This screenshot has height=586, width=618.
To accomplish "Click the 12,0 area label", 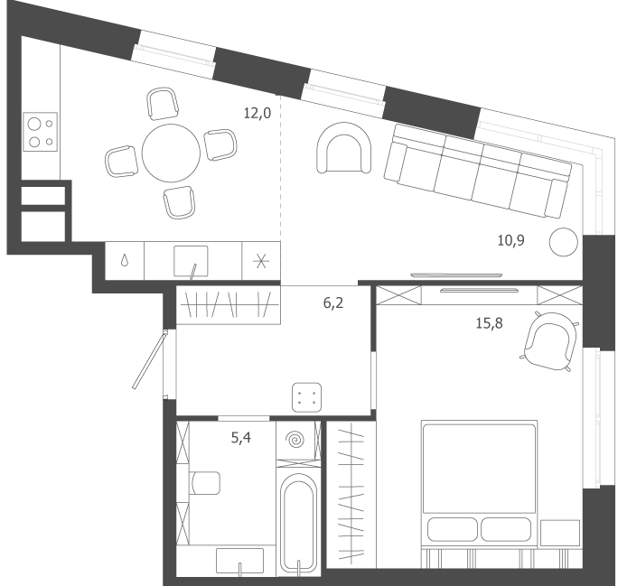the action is tap(257, 114).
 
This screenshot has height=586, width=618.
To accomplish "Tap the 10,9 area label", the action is tap(510, 240).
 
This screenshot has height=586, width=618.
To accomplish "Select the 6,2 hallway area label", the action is tap(333, 302).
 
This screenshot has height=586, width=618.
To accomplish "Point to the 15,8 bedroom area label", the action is tap(489, 323).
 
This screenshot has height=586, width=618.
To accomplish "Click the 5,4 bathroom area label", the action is tap(241, 438).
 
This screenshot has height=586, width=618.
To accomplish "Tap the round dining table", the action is tap(171, 153).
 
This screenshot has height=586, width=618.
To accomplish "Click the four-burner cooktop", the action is tap(40, 132).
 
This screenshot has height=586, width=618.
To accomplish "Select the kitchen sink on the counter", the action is tap(191, 261).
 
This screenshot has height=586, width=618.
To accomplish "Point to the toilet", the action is tap(205, 483).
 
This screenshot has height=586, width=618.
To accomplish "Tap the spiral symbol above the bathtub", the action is tap(295, 440).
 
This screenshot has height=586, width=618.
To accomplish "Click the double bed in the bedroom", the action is tap(479, 484).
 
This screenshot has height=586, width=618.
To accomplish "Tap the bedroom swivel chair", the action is tap(550, 341).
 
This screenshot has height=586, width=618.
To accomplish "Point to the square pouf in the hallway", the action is tap(306, 397).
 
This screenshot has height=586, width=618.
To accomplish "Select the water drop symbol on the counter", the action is tap(125, 260).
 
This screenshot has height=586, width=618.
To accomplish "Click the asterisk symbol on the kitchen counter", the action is tap(261, 261).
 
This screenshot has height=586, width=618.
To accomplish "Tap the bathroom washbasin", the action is tap(239, 561).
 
